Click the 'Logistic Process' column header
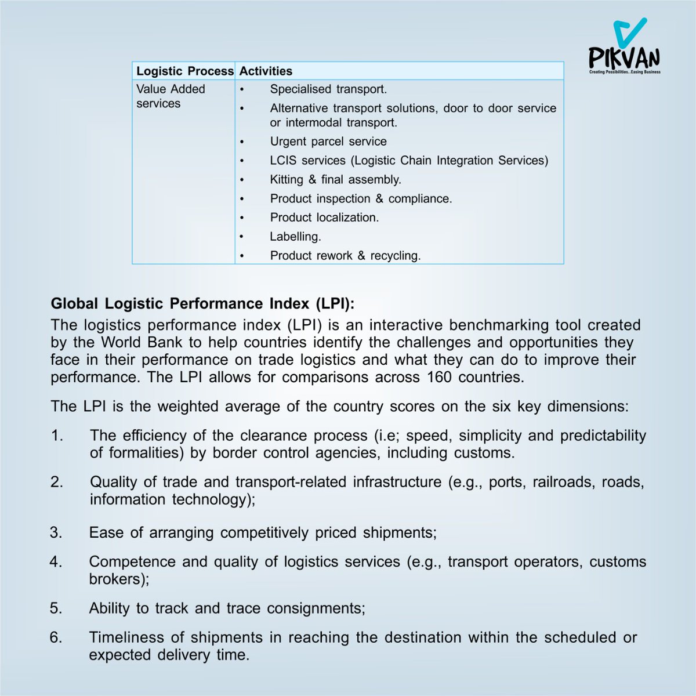point(184,71)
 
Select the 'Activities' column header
point(266,71)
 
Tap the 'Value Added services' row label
point(171,96)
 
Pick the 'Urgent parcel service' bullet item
point(328,142)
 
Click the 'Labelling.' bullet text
point(295,237)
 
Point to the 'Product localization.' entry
point(324,217)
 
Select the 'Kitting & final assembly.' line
point(335,180)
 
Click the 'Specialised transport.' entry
point(328,89)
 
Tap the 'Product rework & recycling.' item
point(345,256)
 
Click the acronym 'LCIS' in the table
point(284,161)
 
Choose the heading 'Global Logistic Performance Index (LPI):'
point(202,304)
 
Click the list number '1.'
point(57,436)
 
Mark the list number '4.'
point(56,561)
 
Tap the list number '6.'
point(56,637)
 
